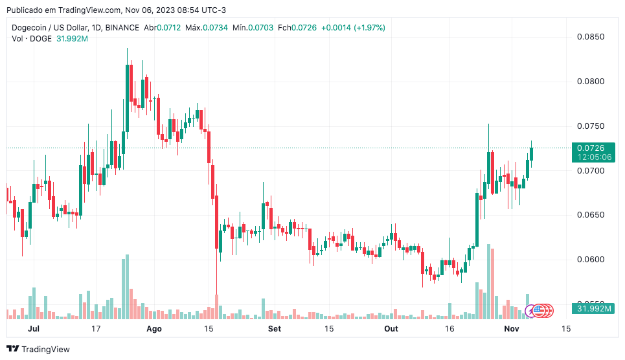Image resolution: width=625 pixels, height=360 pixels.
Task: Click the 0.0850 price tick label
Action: (590, 37)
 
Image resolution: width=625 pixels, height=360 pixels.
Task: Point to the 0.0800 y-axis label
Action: (590, 82)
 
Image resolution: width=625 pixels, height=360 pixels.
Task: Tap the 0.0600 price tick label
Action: (590, 260)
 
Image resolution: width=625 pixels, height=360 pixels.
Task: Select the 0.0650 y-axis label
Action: (590, 215)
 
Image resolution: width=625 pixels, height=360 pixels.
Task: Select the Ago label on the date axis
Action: (153, 329)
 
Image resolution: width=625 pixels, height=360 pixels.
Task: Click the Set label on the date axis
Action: (275, 329)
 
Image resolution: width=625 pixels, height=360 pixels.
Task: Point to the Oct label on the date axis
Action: (391, 329)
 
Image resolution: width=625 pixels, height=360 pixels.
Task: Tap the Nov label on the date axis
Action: (512, 329)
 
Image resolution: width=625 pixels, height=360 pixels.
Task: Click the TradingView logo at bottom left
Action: (38, 349)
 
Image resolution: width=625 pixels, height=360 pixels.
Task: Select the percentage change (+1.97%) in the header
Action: (369, 28)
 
